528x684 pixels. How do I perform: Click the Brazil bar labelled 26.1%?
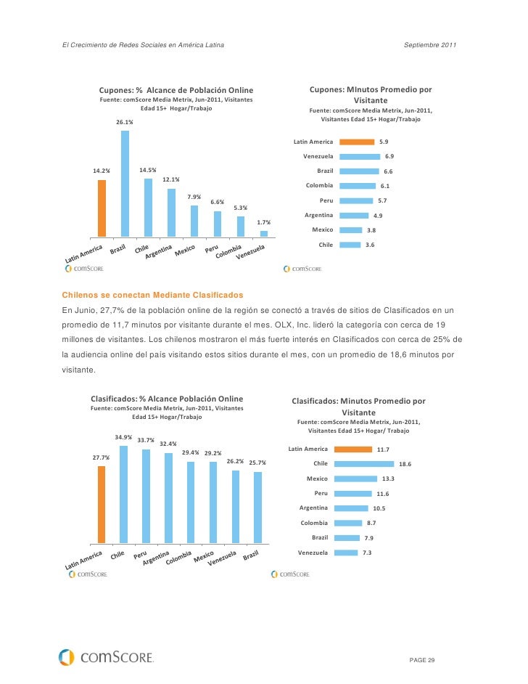125,184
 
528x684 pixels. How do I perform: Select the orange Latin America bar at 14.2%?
102,208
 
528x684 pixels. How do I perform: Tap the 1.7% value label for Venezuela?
264,222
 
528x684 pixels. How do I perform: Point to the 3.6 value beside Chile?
370,245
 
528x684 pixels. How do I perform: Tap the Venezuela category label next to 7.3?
313,553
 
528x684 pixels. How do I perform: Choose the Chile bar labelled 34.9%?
123,494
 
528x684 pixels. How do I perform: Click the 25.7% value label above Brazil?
257,463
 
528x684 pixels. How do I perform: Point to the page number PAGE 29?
422,659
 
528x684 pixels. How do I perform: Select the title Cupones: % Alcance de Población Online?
176,89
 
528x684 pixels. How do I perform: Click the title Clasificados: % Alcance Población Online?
167,399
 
